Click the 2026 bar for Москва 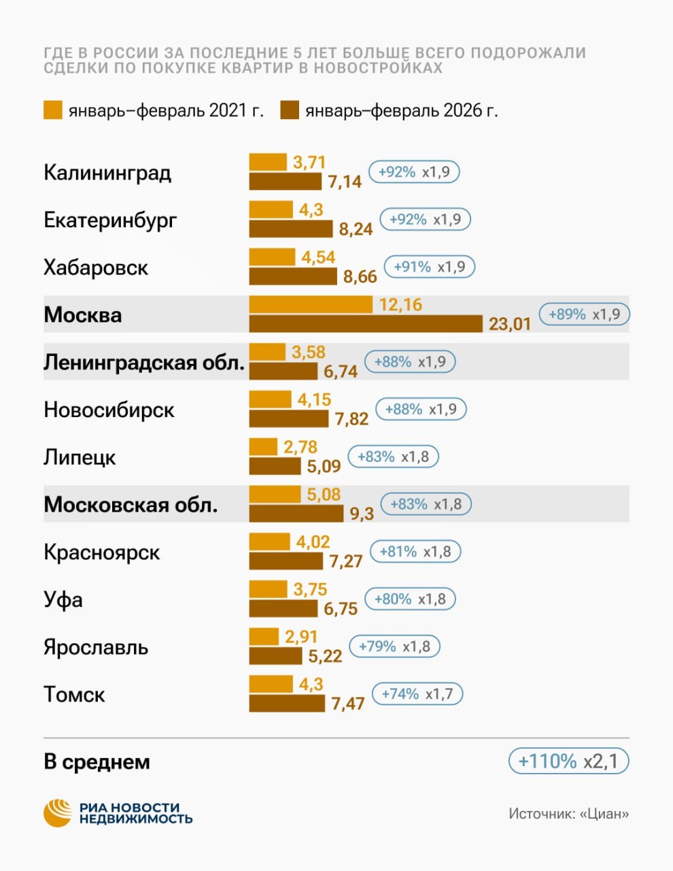click(366, 323)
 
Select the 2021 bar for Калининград click(268, 162)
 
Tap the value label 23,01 click(510, 324)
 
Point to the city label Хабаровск click(96, 267)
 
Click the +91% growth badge click(430, 267)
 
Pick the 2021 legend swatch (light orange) click(52, 110)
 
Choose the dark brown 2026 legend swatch click(290, 110)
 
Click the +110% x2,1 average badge click(568, 761)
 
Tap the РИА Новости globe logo click(58, 812)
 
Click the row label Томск click(74, 695)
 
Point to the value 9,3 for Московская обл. click(362, 514)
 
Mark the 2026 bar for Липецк click(275, 466)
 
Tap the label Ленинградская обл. click(144, 363)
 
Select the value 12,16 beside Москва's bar click(400, 305)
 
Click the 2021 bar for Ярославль click(264, 637)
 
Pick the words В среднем click(97, 762)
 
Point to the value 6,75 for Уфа click(341, 608)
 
